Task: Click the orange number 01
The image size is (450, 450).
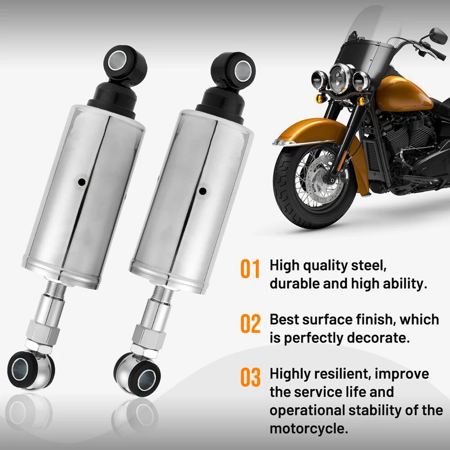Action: pos(250,270)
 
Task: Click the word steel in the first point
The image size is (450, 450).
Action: pos(368,266)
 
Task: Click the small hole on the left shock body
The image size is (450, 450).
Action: pos(82,181)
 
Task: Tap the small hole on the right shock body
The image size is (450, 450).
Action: pos(202,191)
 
